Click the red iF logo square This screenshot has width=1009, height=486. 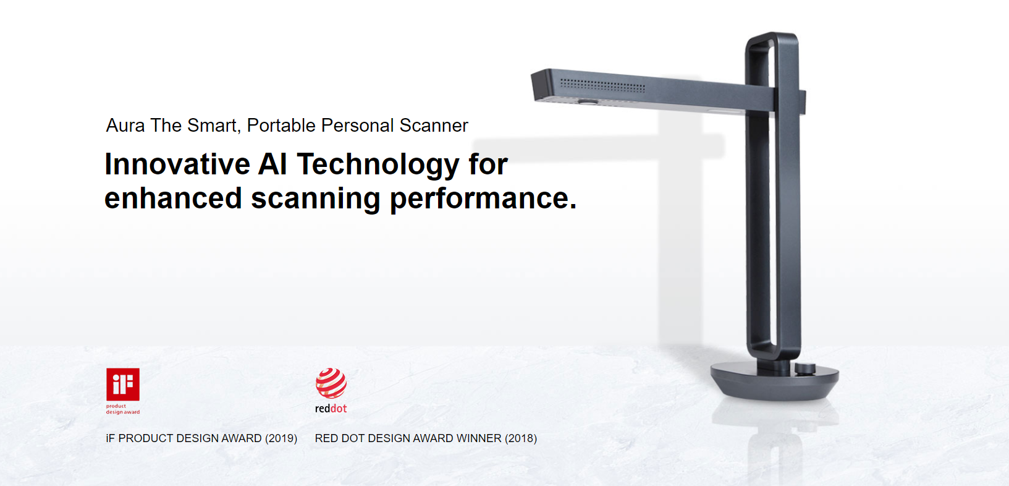[x=123, y=384]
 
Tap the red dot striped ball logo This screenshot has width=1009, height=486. [x=331, y=383]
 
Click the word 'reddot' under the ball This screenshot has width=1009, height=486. [x=331, y=409]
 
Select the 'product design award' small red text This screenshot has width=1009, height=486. [x=123, y=409]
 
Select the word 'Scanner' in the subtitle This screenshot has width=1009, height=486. [x=434, y=126]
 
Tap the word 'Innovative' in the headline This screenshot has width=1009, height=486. [x=177, y=164]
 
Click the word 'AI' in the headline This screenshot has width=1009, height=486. [x=272, y=164]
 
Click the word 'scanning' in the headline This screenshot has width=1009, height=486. [x=315, y=199]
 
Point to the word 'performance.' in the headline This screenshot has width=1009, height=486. [x=483, y=199]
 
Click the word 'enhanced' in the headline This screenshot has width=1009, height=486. [x=174, y=198]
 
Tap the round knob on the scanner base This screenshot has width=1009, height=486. [x=805, y=368]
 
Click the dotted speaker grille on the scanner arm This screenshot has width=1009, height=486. [x=602, y=85]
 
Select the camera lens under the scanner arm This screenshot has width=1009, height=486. [x=588, y=102]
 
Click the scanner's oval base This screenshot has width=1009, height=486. [x=775, y=381]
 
